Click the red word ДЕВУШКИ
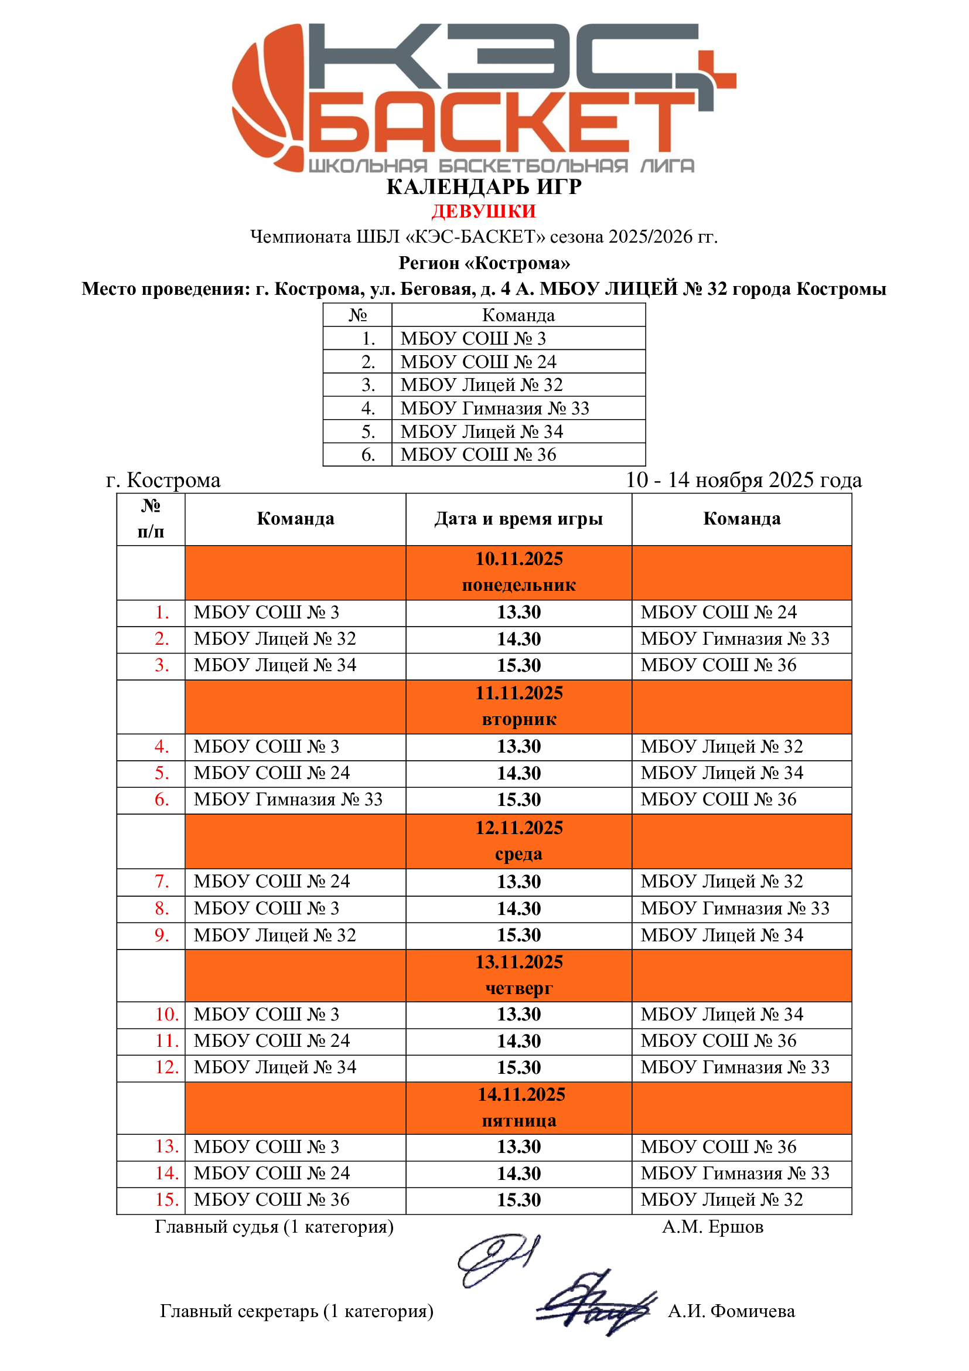pos(483,212)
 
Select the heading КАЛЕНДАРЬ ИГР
pos(483,187)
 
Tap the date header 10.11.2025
pos(518,559)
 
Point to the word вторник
pos(518,720)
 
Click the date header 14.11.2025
pos(521,1094)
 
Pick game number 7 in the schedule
pos(162,882)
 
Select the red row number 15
pos(166,1200)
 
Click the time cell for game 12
pos(518,1067)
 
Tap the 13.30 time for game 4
pos(518,746)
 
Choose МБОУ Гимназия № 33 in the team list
pos(494,409)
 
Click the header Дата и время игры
pos(518,519)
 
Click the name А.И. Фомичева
pos(731,1311)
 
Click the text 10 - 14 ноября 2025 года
pos(743,480)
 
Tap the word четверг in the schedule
pos(518,988)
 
